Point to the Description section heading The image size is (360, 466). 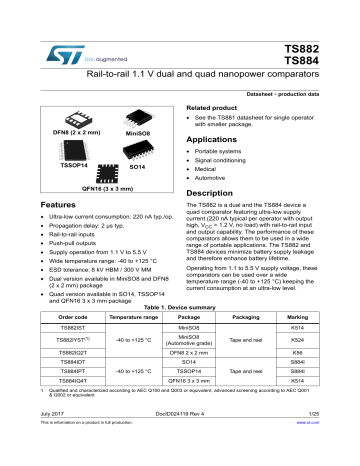213,190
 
